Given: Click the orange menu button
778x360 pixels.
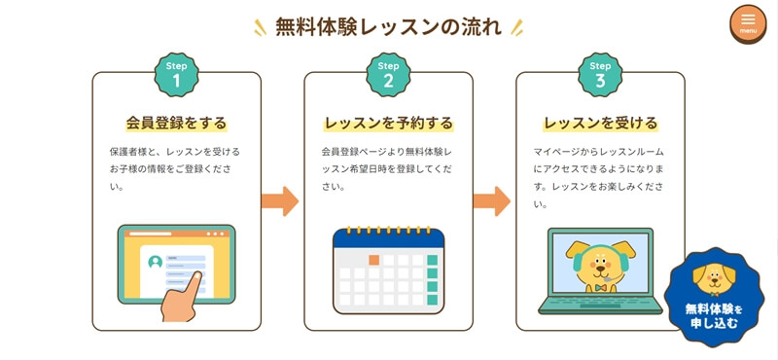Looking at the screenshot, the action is point(748,23).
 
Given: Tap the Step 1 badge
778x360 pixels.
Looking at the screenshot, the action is point(177,75).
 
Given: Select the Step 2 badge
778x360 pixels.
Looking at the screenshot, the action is point(388,75).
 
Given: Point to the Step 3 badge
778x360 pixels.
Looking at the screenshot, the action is point(600,75).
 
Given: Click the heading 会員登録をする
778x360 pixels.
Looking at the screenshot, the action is point(176,123).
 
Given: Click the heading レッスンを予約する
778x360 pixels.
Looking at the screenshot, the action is point(388,123).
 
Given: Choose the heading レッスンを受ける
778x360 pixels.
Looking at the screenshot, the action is point(600,123).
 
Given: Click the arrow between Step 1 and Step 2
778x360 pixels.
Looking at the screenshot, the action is point(280,201).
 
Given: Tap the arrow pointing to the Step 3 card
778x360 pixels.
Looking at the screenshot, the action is point(492,201).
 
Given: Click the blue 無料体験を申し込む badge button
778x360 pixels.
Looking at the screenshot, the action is point(714,297).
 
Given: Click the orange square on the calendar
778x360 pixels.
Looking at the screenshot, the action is point(373,260).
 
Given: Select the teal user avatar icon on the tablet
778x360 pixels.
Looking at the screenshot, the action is point(156,262).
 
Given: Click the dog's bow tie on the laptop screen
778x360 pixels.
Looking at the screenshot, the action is point(601,287).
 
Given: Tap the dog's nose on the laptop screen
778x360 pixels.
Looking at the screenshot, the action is point(601,269).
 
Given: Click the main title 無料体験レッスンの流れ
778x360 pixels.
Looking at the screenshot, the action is point(388,27).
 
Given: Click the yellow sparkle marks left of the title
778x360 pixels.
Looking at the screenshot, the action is point(260,27).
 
